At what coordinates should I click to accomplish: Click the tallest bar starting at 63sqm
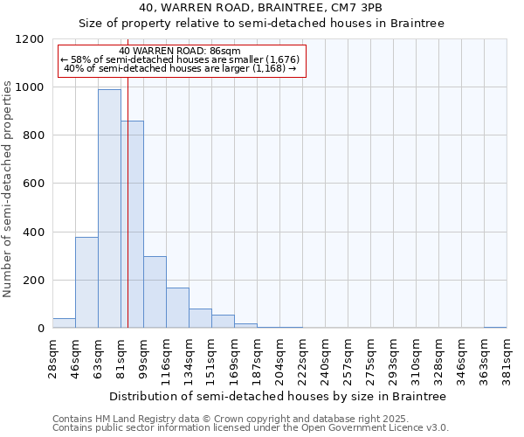109,209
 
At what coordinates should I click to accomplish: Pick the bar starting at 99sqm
155,292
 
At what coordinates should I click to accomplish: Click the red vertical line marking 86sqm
128,192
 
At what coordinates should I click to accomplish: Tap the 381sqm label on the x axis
507,357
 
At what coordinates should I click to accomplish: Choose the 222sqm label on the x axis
302,357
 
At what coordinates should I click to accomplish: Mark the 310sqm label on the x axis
416,357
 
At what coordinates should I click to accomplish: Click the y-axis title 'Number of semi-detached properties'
8,184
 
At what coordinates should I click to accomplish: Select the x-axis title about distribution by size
278,396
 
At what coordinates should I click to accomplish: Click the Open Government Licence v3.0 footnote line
251,427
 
